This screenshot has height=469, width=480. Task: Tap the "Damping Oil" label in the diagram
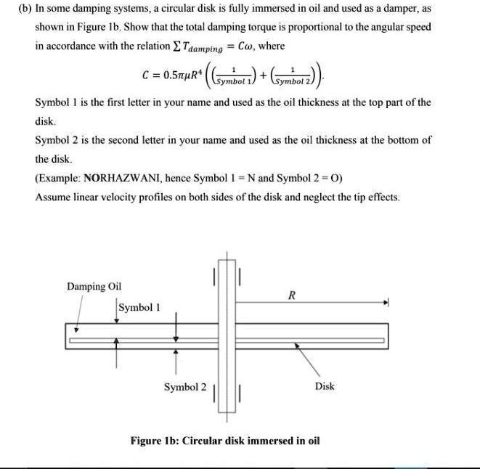[x=94, y=287]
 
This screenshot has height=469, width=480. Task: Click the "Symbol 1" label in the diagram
[x=139, y=307]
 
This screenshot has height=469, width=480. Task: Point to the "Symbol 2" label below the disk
[x=184, y=387]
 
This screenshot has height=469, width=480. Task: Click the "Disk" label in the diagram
[x=325, y=386]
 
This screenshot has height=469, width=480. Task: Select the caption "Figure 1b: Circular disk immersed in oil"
[x=224, y=441]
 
